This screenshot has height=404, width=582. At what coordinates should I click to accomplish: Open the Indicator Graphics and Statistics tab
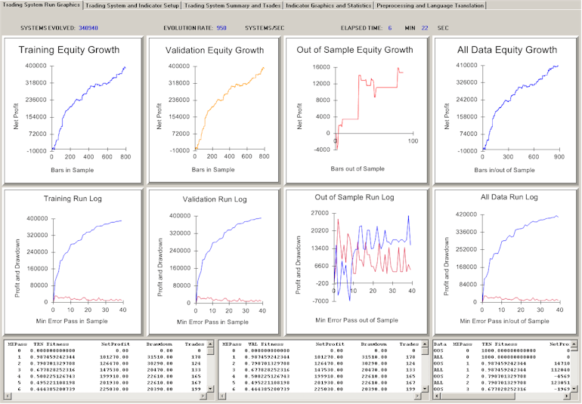click(x=327, y=5)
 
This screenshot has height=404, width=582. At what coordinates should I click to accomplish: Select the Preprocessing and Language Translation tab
click(x=429, y=5)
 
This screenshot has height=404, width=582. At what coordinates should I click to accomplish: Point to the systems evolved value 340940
click(x=88, y=27)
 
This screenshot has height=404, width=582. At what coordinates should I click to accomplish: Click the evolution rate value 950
click(x=221, y=27)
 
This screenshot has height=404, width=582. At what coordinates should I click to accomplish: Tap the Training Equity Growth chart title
click(x=69, y=51)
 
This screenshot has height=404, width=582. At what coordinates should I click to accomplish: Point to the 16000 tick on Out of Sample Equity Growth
click(x=320, y=66)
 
